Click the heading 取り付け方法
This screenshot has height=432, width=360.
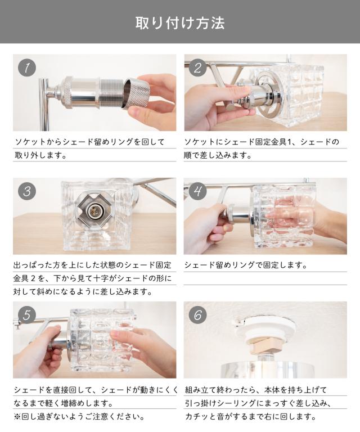coord(180,23)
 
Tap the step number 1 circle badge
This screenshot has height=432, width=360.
coord(27,67)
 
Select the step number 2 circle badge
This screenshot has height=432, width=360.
coord(198,67)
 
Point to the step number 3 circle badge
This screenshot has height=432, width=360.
coord(27,191)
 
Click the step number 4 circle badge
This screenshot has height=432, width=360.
coord(198,191)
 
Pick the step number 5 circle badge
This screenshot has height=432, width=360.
coord(27,315)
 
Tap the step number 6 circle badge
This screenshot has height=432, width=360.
coord(198,315)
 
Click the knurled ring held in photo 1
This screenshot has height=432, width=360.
coord(136,92)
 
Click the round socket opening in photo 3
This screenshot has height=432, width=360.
coord(93,211)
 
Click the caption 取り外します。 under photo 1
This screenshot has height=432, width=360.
coord(40,155)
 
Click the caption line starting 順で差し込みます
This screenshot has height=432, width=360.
coord(218,155)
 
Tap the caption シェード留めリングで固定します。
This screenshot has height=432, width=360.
coord(245,265)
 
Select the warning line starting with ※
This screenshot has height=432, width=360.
coord(79,416)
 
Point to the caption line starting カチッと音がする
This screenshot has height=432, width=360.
coord(251,416)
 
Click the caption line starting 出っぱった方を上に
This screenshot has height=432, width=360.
coord(92,265)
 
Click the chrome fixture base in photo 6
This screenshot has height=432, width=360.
coord(267,370)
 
